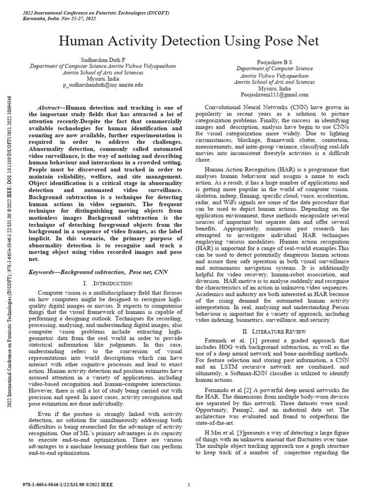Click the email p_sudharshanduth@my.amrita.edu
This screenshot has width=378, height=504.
click(103, 85)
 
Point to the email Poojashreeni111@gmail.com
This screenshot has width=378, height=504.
click(274, 94)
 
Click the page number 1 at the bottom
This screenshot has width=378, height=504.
click(189, 485)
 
